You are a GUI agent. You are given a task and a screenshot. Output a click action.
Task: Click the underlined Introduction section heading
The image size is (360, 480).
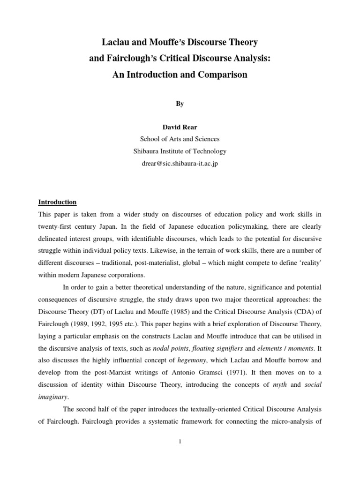[x=58, y=202]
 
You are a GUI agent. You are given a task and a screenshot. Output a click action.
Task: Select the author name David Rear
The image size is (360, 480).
[x=180, y=127]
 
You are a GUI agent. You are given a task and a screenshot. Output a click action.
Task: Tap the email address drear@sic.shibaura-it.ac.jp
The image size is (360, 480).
[x=180, y=164]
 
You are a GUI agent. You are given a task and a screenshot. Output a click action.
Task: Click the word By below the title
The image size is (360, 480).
[x=180, y=104]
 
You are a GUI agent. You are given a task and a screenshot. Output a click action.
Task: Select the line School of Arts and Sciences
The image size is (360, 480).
[x=180, y=139]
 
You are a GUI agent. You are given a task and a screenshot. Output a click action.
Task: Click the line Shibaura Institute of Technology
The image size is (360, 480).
[x=180, y=151]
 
